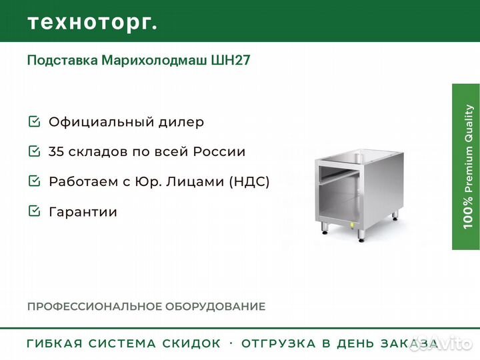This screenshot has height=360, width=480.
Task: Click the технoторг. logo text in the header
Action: point(92,23)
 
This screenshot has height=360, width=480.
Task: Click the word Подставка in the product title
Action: point(63,60)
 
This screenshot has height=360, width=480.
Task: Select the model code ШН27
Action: point(231,60)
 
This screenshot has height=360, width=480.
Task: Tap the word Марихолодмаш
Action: point(154,60)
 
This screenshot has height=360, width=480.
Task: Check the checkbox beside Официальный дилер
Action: point(34,121)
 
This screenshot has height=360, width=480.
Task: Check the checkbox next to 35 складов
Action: point(34,151)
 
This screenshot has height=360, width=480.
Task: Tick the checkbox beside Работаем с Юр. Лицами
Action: point(34,181)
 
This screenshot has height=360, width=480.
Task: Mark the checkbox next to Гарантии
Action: point(34,211)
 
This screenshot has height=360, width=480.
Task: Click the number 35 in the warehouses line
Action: point(56,151)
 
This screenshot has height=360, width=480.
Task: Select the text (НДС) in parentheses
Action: point(249,181)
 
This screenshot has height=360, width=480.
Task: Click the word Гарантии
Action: point(83,212)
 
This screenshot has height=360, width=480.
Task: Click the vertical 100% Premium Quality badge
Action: point(465,167)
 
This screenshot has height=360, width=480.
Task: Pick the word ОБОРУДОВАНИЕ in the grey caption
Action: point(215,307)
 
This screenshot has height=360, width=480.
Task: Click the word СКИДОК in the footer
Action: point(191,343)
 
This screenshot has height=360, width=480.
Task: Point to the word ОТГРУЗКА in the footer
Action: point(279,343)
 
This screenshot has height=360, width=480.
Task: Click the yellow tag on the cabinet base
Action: point(352,225)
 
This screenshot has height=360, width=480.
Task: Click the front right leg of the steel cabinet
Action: point(361,235)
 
